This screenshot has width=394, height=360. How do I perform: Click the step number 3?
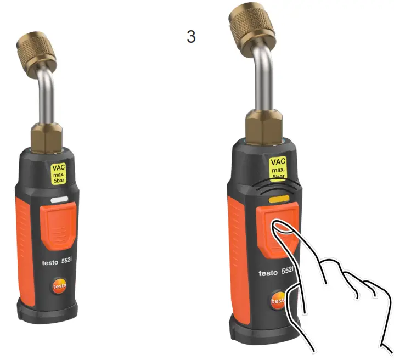click(x=191, y=37)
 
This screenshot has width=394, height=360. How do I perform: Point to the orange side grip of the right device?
click(x=238, y=247)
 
